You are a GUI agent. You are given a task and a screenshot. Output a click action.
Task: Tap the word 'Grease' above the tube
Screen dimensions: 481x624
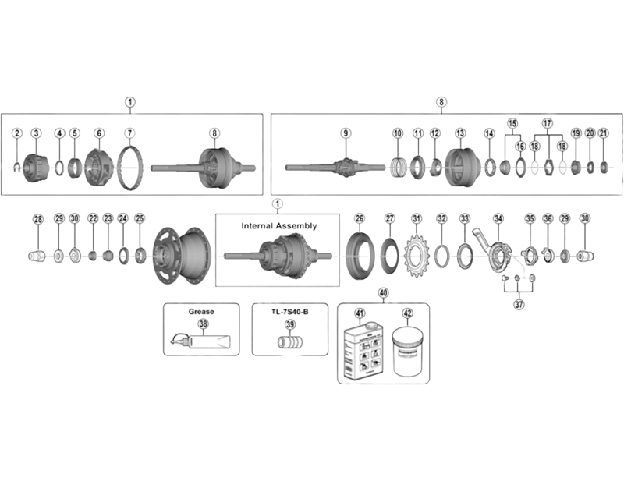point(201,312)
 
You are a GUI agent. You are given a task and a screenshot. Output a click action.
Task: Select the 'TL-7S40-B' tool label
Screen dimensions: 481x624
point(289,312)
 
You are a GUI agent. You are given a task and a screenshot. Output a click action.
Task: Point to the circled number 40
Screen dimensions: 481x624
point(383,293)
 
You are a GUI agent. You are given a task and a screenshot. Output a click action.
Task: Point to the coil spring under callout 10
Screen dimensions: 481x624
point(398,167)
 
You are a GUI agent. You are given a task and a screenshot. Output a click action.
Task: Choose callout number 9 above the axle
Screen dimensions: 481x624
point(347,134)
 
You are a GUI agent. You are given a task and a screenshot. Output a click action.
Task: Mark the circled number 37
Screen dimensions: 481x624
point(519,305)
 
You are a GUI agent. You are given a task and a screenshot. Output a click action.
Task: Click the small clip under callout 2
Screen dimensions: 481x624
point(17,165)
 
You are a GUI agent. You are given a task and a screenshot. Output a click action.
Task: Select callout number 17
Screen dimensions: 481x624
point(547,123)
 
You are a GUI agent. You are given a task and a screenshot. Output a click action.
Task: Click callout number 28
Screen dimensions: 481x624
point(37,219)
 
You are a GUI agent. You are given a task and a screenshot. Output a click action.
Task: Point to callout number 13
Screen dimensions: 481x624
point(460,134)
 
